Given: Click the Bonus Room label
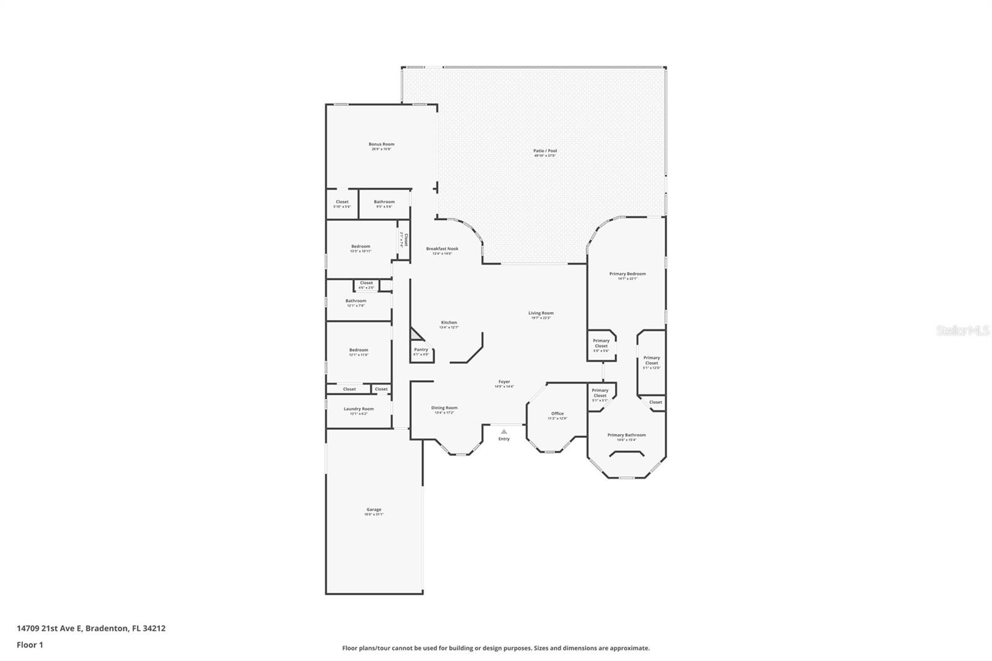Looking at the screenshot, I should point(381,144).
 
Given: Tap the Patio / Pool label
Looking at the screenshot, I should point(545,151).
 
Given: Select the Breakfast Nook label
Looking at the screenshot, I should point(442,249).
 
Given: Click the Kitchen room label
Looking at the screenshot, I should point(449,322).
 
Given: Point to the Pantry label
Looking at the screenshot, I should point(421,350).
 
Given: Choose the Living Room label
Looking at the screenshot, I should point(541,313).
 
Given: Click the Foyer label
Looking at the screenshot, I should point(504,382).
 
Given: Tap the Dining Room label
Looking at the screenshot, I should point(444,408).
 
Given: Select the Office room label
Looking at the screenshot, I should point(557,414).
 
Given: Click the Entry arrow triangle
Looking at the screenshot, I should point(504,432).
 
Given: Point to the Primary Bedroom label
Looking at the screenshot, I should point(627,274).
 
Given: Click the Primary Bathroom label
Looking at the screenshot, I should point(626,435).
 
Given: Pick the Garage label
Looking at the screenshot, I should point(373,510).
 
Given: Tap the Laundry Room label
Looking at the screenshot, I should point(358,409).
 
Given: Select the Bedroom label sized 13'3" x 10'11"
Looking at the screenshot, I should point(360,247).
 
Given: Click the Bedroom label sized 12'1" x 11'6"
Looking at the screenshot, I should point(358,350).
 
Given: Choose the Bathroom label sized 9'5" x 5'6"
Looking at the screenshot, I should point(384,202).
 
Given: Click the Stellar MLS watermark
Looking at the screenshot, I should point(962,331).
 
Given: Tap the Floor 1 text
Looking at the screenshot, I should point(30,645).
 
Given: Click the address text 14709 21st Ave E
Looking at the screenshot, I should point(50,628).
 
